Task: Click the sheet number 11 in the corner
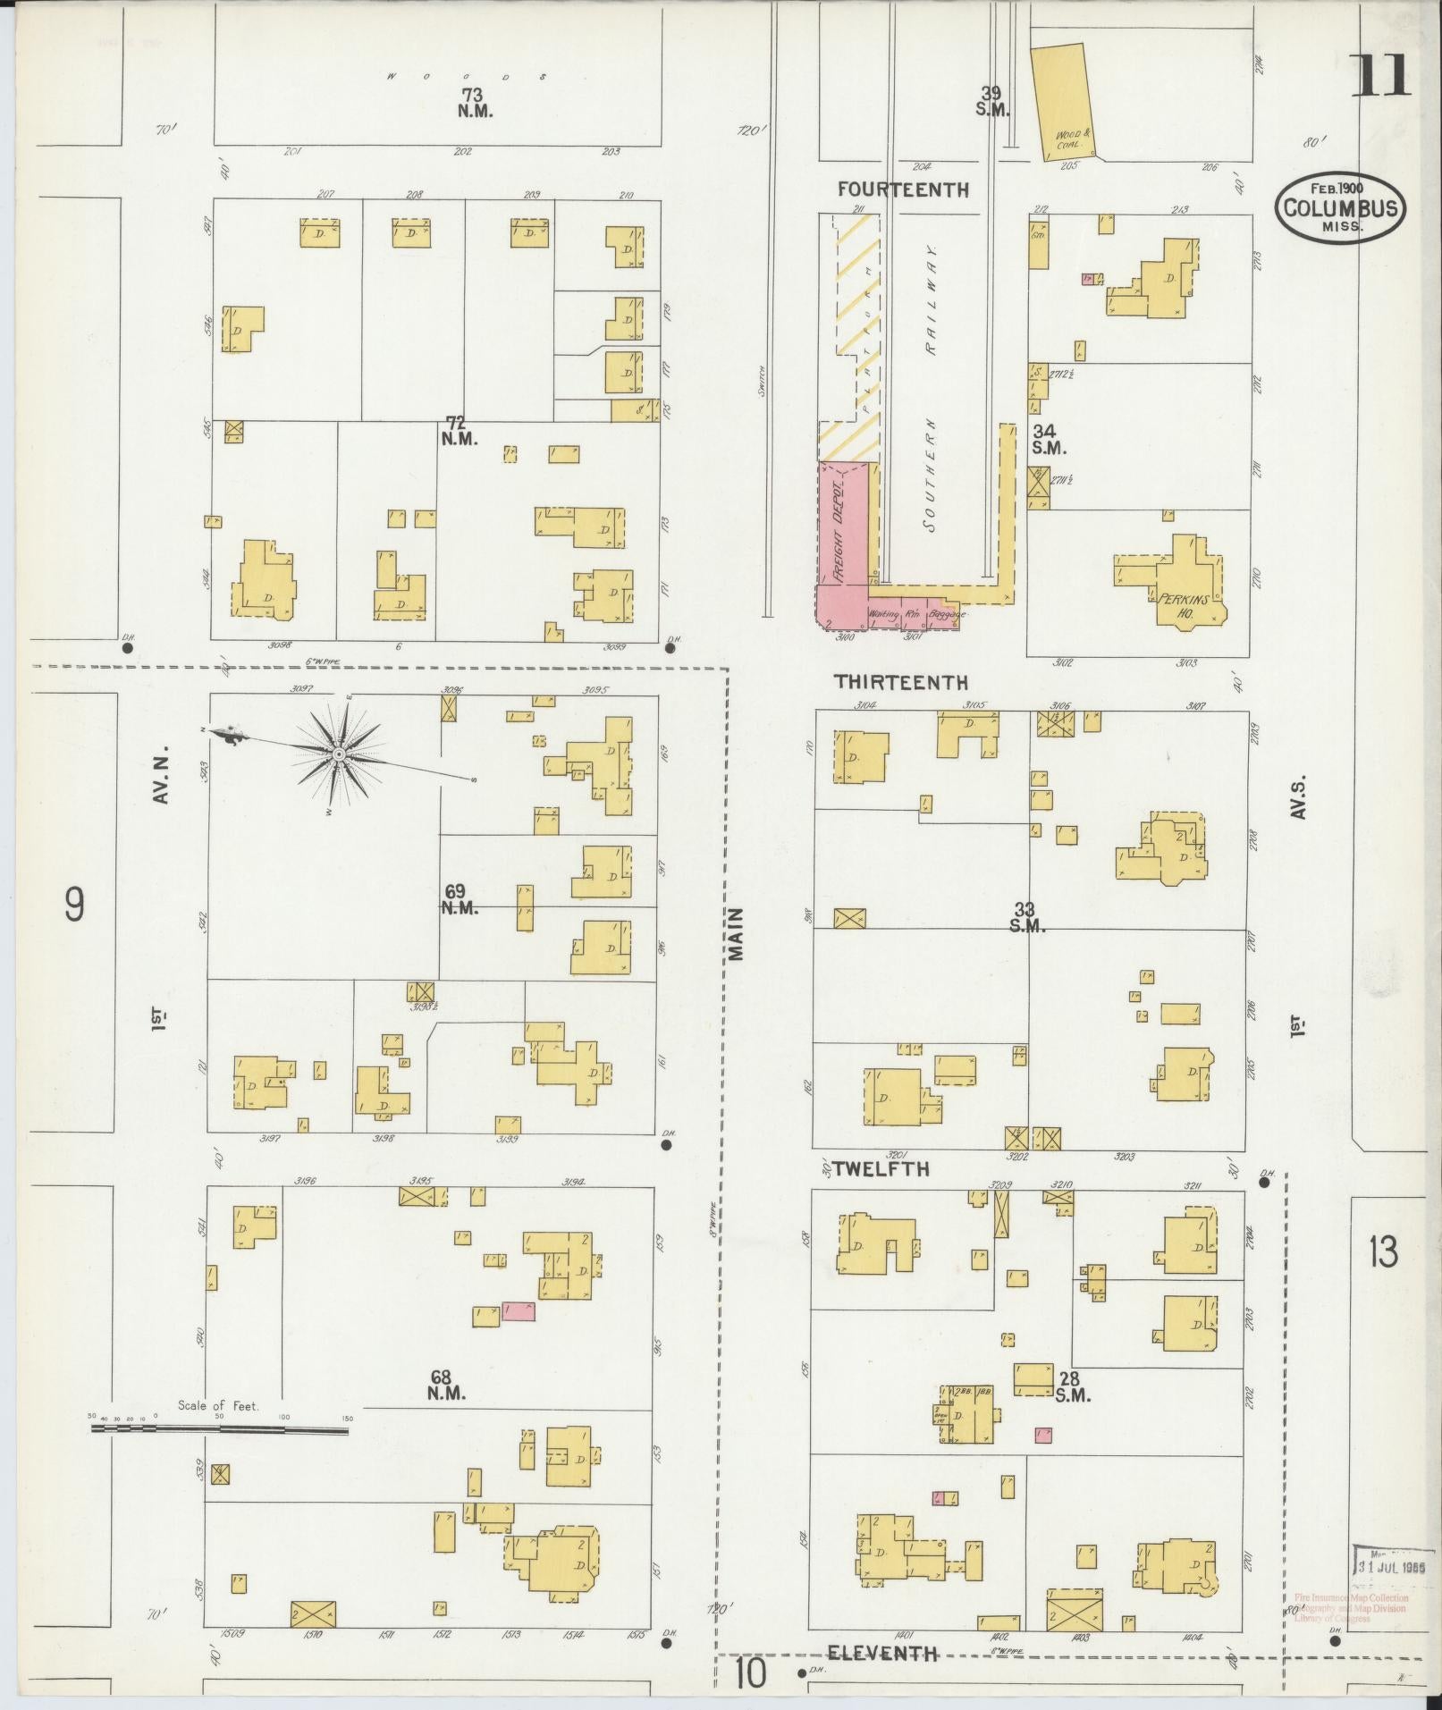(1379, 76)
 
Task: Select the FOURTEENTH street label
(903, 190)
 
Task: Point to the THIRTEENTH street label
(900, 682)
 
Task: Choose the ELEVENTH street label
(882, 1654)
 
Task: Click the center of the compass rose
(340, 755)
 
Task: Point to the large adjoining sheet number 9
(75, 905)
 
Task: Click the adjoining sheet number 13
(1382, 1253)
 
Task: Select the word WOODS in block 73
(465, 77)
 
